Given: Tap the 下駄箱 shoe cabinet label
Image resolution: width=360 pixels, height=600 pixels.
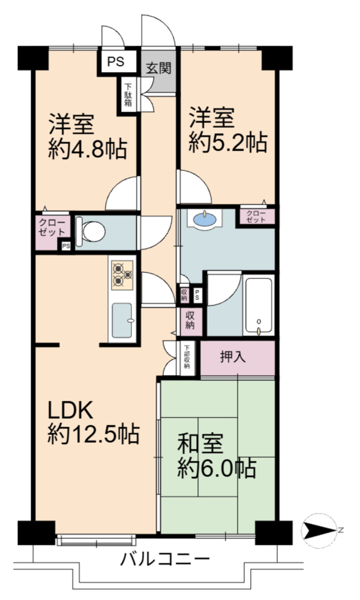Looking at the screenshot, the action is (128, 94).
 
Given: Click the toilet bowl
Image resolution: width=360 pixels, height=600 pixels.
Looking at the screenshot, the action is (91, 232).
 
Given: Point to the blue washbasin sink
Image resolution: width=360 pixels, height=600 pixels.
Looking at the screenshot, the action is (205, 219).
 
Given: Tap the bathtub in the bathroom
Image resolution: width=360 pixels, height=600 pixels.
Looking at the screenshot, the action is (259, 306).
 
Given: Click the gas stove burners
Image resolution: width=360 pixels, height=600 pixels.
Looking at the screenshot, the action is (122, 275).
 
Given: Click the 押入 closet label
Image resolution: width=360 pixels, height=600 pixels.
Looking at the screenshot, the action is (233, 357).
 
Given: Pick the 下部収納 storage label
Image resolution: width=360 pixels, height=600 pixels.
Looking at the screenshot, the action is (187, 357).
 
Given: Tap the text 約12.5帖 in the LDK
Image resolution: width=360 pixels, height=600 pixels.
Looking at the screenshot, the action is (93, 434).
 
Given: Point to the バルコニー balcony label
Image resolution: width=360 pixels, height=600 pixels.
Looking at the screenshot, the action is (165, 559).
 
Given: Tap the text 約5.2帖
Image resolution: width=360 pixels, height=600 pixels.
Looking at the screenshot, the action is (227, 143).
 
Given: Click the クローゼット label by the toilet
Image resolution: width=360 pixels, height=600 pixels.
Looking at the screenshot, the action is (52, 227).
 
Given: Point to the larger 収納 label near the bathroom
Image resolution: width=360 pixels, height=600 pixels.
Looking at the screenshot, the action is (190, 320).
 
